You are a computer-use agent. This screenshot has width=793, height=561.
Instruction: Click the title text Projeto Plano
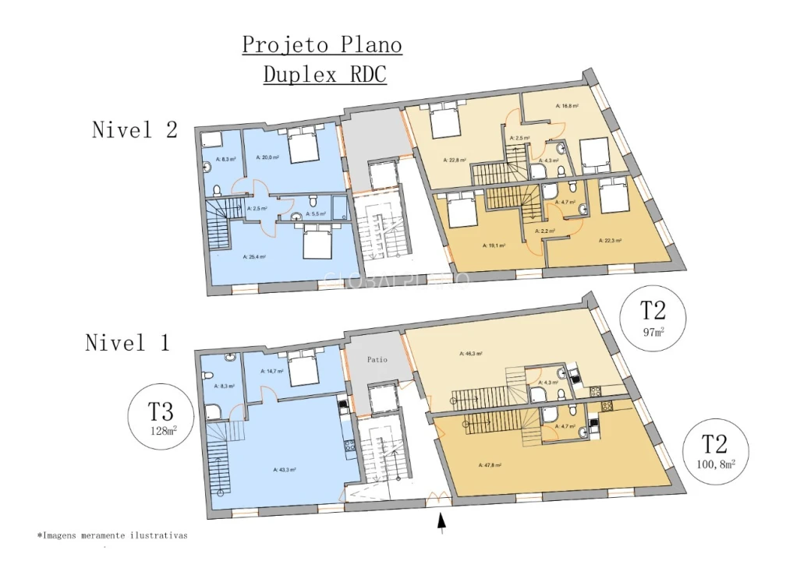pyautogui.click(x=322, y=45)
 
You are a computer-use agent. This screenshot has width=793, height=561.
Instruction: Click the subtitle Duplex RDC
pyautogui.click(x=324, y=75)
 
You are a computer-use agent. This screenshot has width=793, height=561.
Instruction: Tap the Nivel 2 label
pyautogui.click(x=135, y=129)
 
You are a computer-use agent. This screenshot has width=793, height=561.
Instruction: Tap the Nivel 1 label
pyautogui.click(x=127, y=342)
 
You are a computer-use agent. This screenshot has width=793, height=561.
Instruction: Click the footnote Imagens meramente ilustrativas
pyautogui.click(x=112, y=536)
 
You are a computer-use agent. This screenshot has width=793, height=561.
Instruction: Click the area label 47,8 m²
pyautogui.click(x=490, y=465)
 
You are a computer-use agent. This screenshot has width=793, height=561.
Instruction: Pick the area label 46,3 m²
pyautogui.click(x=472, y=353)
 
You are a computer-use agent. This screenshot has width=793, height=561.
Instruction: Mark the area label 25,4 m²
pyautogui.click(x=254, y=256)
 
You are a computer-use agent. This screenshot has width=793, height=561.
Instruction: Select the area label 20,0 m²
pyautogui.click(x=267, y=157)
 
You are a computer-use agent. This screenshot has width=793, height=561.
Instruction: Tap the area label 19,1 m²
pyautogui.click(x=495, y=245)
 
